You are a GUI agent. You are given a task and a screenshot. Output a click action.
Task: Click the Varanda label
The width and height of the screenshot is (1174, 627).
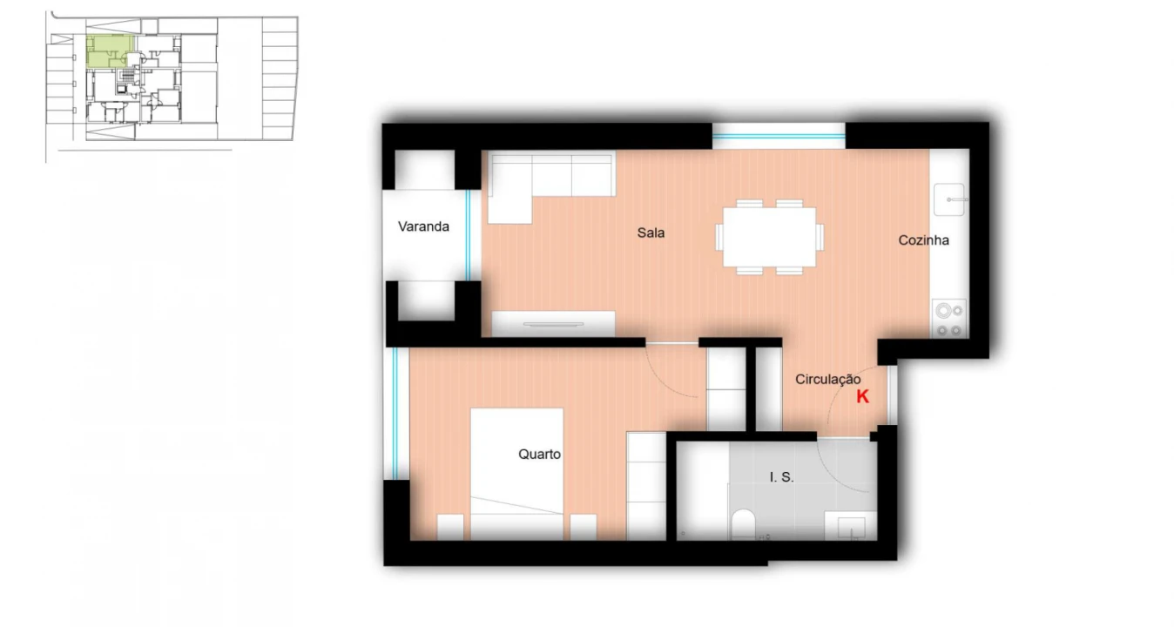(423, 227)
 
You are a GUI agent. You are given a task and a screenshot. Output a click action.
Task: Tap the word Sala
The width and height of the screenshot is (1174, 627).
(651, 233)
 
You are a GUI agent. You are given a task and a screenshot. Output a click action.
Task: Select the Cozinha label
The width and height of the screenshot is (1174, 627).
(923, 240)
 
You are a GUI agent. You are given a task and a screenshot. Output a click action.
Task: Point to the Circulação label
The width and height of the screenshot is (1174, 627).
(827, 380)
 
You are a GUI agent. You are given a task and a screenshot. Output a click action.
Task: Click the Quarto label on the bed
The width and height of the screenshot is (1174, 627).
(539, 455)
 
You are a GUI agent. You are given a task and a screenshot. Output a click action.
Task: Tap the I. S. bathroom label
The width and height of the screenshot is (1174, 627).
(781, 477)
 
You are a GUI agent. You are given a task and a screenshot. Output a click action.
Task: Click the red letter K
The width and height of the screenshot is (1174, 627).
(862, 397)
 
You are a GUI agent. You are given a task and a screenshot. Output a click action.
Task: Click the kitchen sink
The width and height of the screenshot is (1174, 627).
(950, 199)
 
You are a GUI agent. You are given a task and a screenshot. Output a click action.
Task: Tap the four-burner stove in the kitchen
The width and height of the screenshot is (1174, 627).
(948, 319)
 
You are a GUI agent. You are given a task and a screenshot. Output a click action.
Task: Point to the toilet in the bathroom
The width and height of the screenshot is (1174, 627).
(743, 526)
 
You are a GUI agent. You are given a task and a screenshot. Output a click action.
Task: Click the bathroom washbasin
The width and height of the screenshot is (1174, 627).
(850, 528)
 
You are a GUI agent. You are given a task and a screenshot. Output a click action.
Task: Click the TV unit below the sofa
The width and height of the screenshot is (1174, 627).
(553, 324)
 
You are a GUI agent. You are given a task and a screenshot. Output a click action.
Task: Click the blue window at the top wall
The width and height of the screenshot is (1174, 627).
(779, 135)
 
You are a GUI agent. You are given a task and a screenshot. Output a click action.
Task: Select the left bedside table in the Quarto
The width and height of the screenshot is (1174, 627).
(450, 527)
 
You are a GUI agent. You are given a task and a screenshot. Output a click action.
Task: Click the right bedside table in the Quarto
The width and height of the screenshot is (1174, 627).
(583, 527)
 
